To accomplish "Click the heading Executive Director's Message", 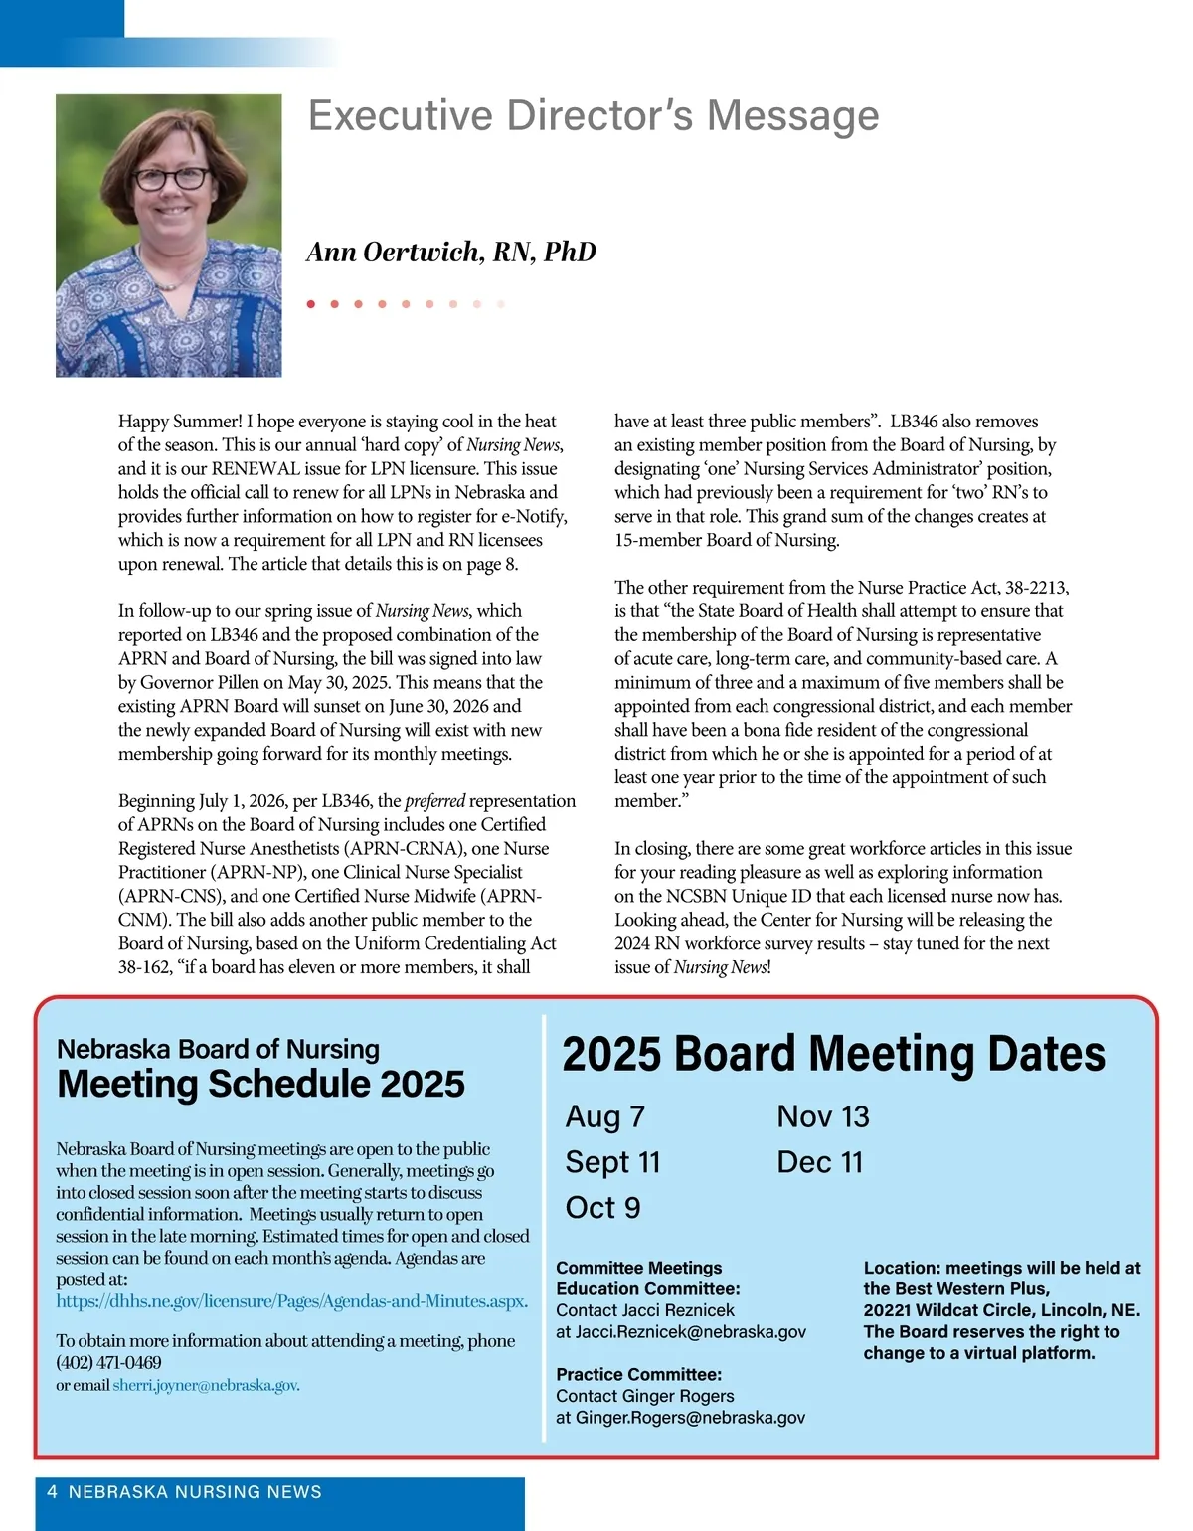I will (594, 116).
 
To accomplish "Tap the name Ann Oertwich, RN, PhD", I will (451, 253).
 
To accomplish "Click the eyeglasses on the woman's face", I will (172, 179).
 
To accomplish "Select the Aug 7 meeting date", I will (604, 1116).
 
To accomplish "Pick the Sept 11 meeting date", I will (612, 1162).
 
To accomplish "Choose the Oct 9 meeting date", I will (602, 1208).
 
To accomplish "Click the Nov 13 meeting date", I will (822, 1116).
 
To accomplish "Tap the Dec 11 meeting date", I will (819, 1162).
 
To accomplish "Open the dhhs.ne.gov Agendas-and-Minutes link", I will (291, 1301).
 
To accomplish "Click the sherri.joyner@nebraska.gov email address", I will (205, 1385).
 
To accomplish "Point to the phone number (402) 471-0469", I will (108, 1363).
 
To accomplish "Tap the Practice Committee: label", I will (638, 1375).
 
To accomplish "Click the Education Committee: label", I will (647, 1289).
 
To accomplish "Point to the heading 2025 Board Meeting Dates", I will (833, 1054).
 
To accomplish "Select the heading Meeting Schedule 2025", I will (260, 1084).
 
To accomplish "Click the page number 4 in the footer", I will (52, 1492).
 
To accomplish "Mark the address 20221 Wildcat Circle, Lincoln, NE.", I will (1001, 1310).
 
